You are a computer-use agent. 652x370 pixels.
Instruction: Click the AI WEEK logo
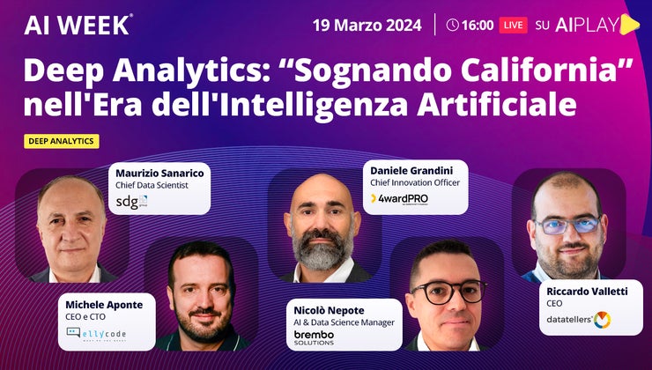78,25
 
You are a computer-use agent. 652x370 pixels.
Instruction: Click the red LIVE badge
513,25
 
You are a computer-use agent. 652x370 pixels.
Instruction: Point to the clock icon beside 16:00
453,25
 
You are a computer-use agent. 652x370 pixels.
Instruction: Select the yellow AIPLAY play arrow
629,25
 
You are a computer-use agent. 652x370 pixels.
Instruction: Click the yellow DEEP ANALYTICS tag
62,141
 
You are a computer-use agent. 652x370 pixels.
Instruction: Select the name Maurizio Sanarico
160,173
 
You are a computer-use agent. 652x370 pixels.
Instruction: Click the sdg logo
132,202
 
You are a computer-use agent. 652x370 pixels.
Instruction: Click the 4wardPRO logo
399,198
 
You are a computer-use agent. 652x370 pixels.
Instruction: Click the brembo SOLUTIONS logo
315,337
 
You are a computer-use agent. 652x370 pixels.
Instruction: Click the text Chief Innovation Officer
415,182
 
